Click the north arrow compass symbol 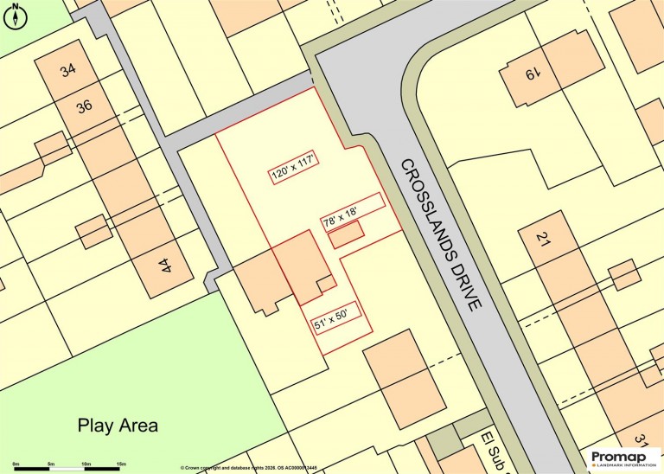coord(16,15)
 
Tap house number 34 coord(69,71)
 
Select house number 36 coord(84,107)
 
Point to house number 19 coord(530,75)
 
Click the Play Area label coord(118,425)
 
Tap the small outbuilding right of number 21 coord(623,275)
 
